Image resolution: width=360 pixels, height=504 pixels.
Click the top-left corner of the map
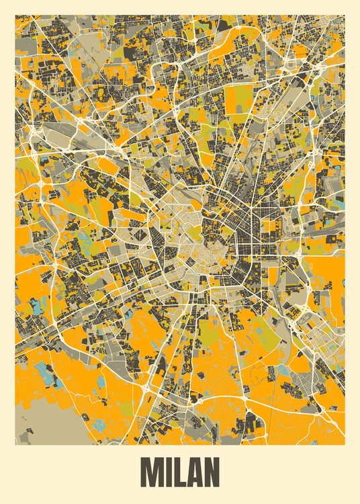(x=15, y=15)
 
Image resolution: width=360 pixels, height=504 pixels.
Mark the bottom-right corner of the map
(x=344, y=444)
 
